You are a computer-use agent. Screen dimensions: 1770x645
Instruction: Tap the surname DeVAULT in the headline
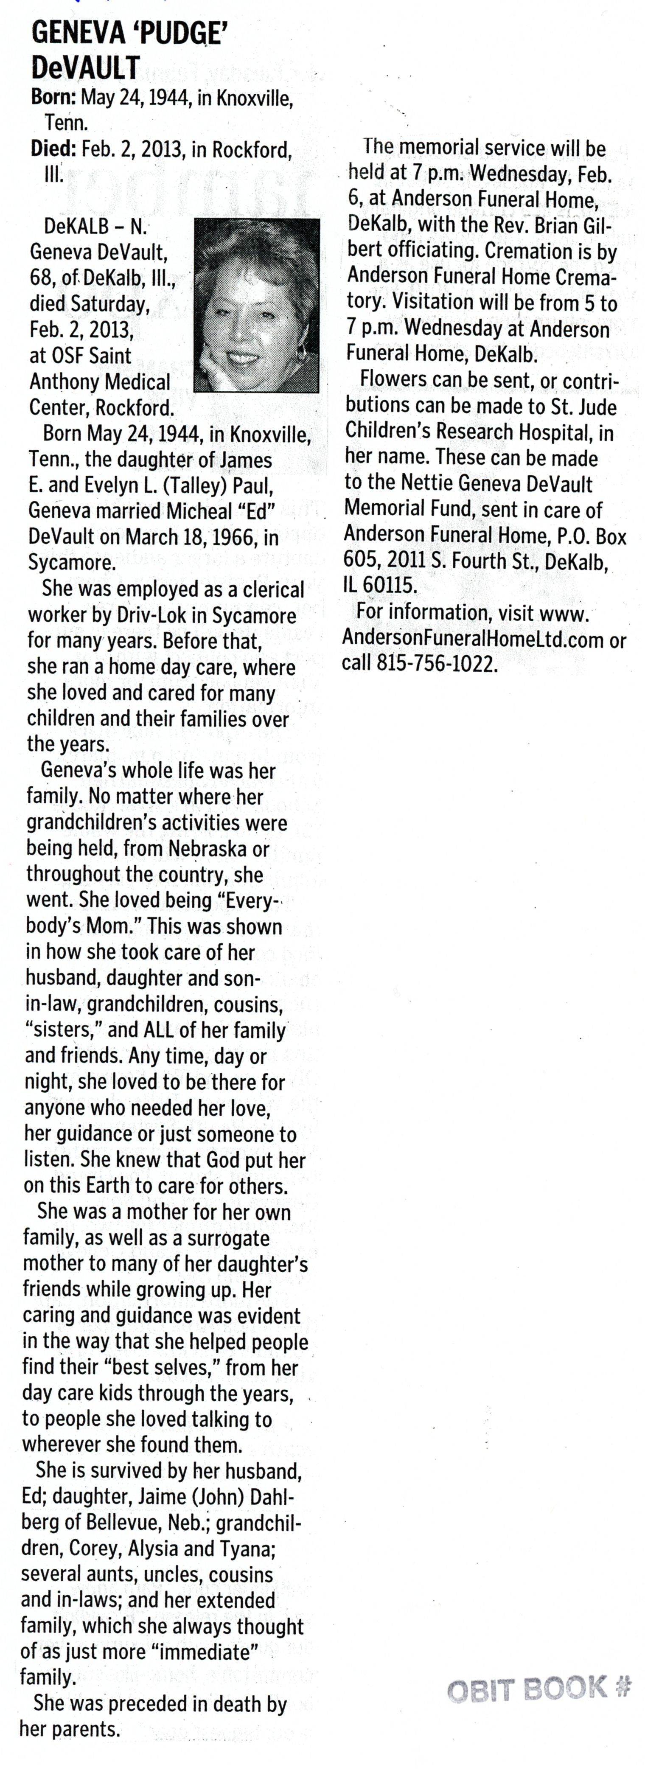[86, 67]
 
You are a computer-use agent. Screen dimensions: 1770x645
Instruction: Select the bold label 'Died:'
[53, 149]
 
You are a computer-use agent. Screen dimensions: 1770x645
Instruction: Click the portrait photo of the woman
[257, 305]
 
